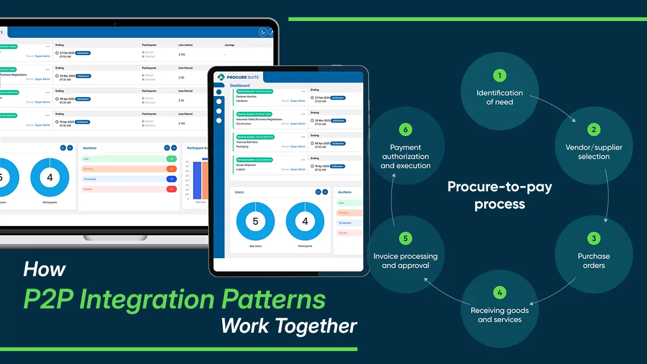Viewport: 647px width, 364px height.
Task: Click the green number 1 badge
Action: click(500, 75)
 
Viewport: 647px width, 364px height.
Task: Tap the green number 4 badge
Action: click(500, 293)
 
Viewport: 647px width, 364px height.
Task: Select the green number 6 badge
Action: click(405, 130)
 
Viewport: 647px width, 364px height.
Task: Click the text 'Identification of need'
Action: click(500, 97)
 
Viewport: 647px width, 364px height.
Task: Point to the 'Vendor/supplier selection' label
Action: click(594, 152)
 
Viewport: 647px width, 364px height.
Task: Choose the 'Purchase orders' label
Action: click(594, 260)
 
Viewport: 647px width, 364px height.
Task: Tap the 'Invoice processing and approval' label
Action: click(405, 260)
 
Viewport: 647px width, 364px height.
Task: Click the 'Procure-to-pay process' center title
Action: click(500, 195)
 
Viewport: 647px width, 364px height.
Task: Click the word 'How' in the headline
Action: click(44, 269)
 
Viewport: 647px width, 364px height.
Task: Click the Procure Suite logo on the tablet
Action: click(238, 77)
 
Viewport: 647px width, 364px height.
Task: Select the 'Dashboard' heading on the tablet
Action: click(240, 86)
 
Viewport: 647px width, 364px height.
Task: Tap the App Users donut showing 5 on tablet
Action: click(256, 221)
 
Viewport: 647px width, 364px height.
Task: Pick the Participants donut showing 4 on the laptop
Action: click(50, 177)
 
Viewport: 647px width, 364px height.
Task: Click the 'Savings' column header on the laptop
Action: click(230, 45)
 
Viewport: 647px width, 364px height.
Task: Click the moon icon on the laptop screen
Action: click(263, 32)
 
